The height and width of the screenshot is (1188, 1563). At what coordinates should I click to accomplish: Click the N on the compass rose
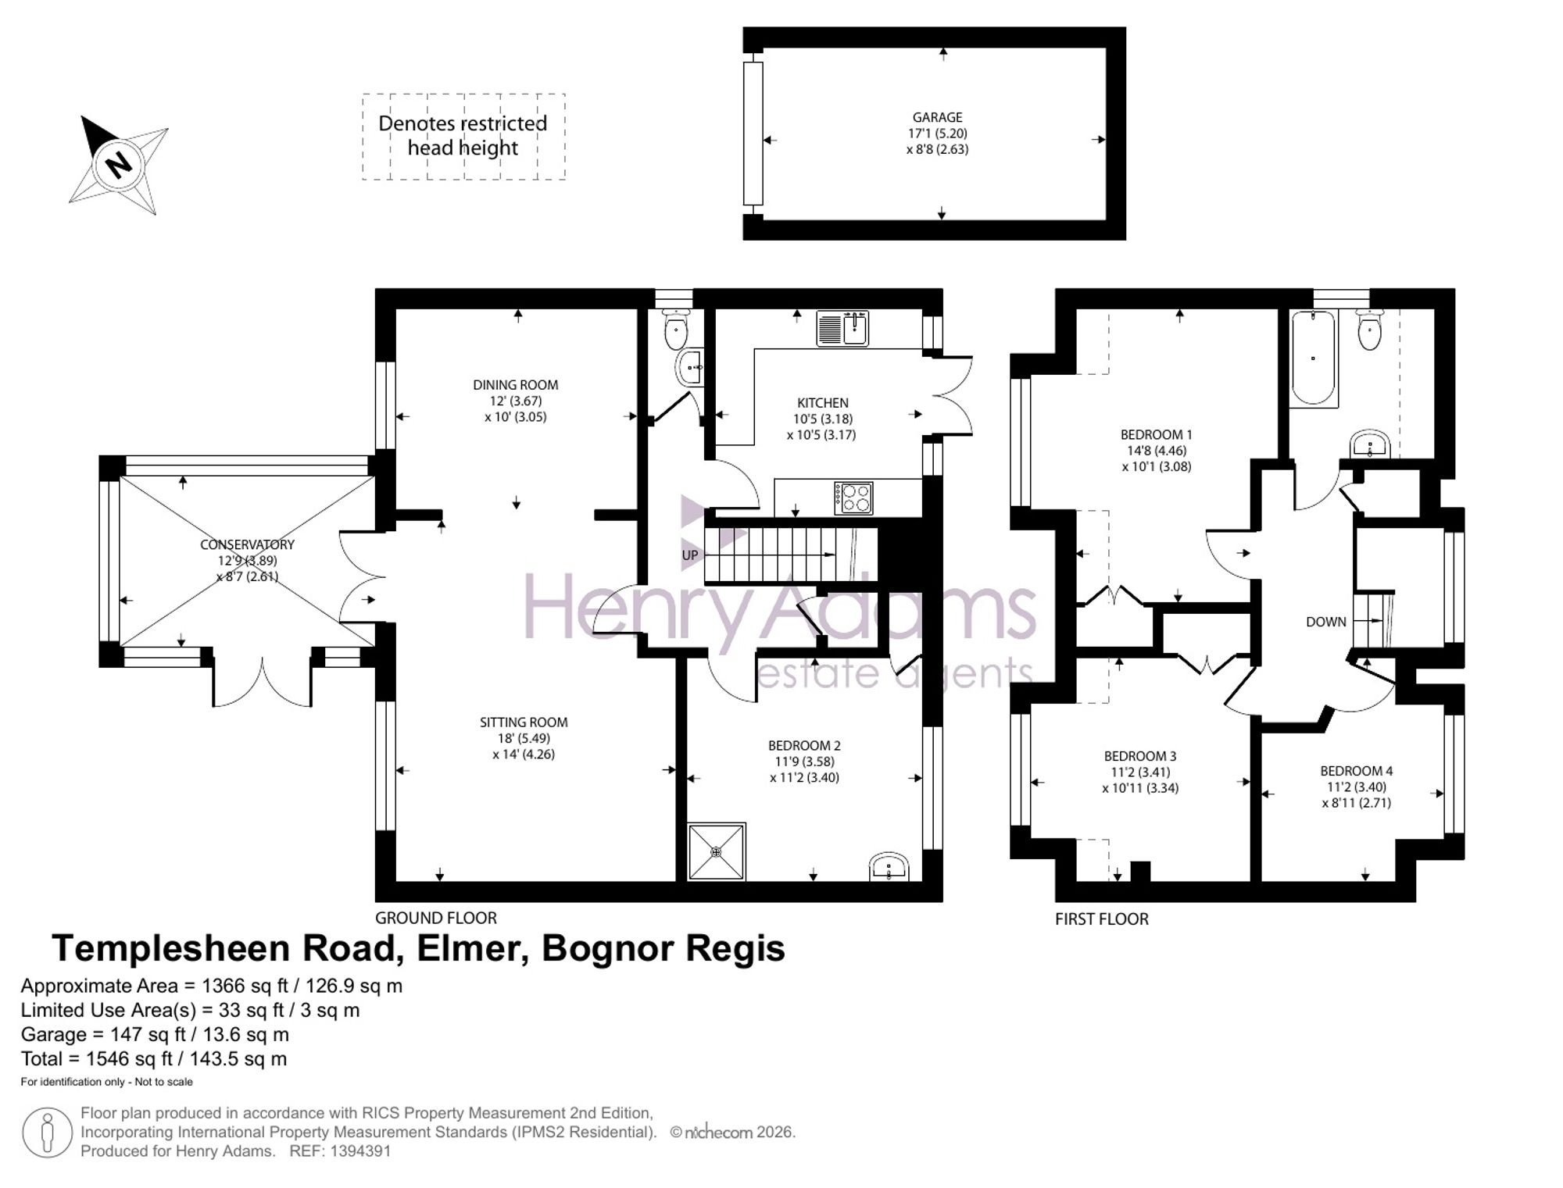click(x=119, y=165)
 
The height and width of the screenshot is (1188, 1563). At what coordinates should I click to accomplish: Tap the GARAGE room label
click(x=937, y=117)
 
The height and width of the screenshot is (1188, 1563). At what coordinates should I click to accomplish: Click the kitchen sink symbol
click(x=842, y=328)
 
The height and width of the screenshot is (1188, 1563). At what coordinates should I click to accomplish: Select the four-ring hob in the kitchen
click(x=853, y=498)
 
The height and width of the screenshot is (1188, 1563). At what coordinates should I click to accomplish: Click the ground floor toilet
click(x=675, y=329)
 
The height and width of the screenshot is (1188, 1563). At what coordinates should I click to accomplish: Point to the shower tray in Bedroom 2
click(x=717, y=851)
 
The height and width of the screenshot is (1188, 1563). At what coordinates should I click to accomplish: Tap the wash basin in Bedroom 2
click(x=889, y=867)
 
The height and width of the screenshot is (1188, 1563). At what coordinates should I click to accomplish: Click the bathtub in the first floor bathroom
click(x=1313, y=357)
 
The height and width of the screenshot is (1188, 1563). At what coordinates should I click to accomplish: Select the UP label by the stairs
click(x=689, y=555)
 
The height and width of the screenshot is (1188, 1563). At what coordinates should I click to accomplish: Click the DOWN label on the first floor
click(x=1325, y=622)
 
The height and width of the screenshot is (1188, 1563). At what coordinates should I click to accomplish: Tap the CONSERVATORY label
click(x=247, y=544)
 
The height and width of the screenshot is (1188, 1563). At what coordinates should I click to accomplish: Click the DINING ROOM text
click(x=515, y=384)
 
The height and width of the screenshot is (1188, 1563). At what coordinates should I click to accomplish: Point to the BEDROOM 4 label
click(x=1356, y=770)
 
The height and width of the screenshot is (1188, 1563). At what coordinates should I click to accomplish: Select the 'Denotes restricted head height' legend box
click(x=463, y=137)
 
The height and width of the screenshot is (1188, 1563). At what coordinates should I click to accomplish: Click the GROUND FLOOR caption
click(x=435, y=918)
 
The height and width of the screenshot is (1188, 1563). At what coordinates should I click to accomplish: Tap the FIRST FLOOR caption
click(x=1101, y=919)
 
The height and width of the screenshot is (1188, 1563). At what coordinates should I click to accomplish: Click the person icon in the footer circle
click(x=48, y=1133)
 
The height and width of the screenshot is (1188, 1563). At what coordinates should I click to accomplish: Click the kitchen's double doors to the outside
click(x=952, y=395)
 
